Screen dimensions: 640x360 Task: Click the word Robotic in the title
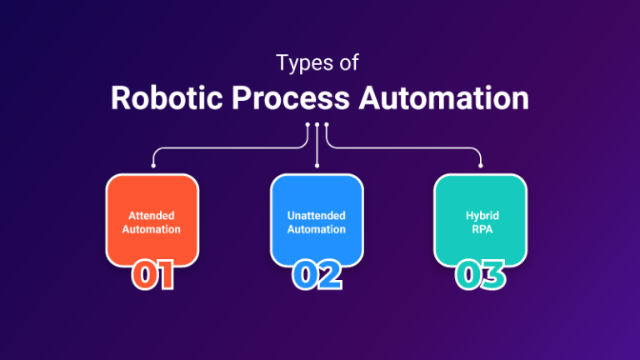coord(167,98)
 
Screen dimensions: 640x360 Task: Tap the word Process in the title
coord(291,99)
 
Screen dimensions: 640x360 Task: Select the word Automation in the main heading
coord(443,98)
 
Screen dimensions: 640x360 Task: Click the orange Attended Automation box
coord(152,220)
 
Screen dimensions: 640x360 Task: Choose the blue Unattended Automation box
coord(317,220)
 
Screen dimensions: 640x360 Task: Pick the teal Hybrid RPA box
coord(480,220)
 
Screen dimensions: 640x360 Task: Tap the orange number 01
coord(153,275)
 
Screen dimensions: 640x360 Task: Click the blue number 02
coord(317,275)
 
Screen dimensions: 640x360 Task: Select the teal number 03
coord(480,275)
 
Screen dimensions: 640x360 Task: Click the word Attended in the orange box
coord(152,216)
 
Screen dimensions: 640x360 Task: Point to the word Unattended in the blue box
coord(317,216)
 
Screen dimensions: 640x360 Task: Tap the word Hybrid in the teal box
coord(482,216)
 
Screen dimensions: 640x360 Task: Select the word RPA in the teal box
coord(482,229)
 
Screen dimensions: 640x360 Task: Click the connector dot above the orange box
coord(153,166)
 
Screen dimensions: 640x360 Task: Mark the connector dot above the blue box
coord(317,166)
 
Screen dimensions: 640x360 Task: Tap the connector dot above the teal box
coord(480,166)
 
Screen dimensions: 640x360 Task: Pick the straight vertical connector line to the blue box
coord(317,145)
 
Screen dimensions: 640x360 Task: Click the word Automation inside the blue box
coord(317,229)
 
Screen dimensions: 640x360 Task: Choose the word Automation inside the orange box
coord(152,229)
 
